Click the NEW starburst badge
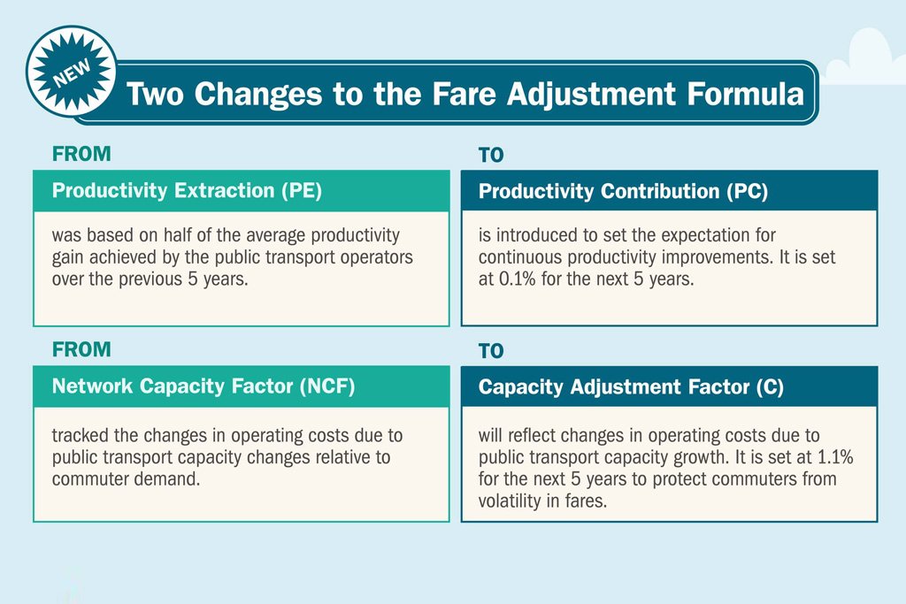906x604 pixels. click(72, 71)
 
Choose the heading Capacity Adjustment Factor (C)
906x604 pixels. click(630, 387)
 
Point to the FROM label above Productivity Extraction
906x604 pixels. click(81, 153)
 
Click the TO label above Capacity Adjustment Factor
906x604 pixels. click(491, 352)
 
